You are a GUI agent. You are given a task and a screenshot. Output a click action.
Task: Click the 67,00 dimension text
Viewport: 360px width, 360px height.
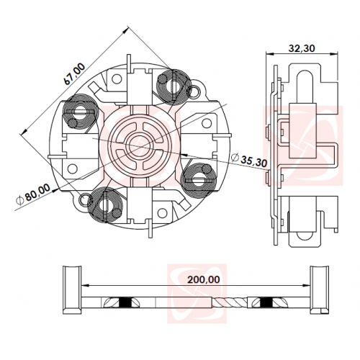pyautogui.click(x=75, y=73)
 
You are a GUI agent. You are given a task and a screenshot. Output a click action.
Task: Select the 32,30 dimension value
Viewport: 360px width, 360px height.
pyautogui.click(x=302, y=48)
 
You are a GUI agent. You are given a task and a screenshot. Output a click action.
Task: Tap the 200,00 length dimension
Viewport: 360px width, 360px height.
pyautogui.click(x=204, y=279)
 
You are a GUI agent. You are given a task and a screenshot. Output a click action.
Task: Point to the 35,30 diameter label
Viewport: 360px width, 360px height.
pyautogui.click(x=249, y=160)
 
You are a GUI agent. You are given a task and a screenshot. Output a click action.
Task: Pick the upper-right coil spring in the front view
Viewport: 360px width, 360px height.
pyautogui.click(x=174, y=86)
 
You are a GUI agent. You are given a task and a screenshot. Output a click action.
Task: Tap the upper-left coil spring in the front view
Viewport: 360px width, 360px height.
pyautogui.click(x=80, y=113)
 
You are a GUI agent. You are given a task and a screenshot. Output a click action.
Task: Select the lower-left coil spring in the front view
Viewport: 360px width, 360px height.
pyautogui.click(x=106, y=204)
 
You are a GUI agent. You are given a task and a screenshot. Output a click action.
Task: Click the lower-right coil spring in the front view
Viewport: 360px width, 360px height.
pyautogui.click(x=199, y=179)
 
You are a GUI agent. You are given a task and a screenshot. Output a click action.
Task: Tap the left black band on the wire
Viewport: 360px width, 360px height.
pyautogui.click(x=125, y=302)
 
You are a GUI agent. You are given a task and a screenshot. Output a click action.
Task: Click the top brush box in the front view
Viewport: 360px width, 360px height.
pyautogui.click(x=140, y=86)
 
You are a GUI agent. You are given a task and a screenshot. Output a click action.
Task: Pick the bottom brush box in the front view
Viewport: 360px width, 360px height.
pyautogui.click(x=140, y=206)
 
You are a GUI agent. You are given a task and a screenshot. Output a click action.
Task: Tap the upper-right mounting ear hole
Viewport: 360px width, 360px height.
pyautogui.click(x=194, y=91)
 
